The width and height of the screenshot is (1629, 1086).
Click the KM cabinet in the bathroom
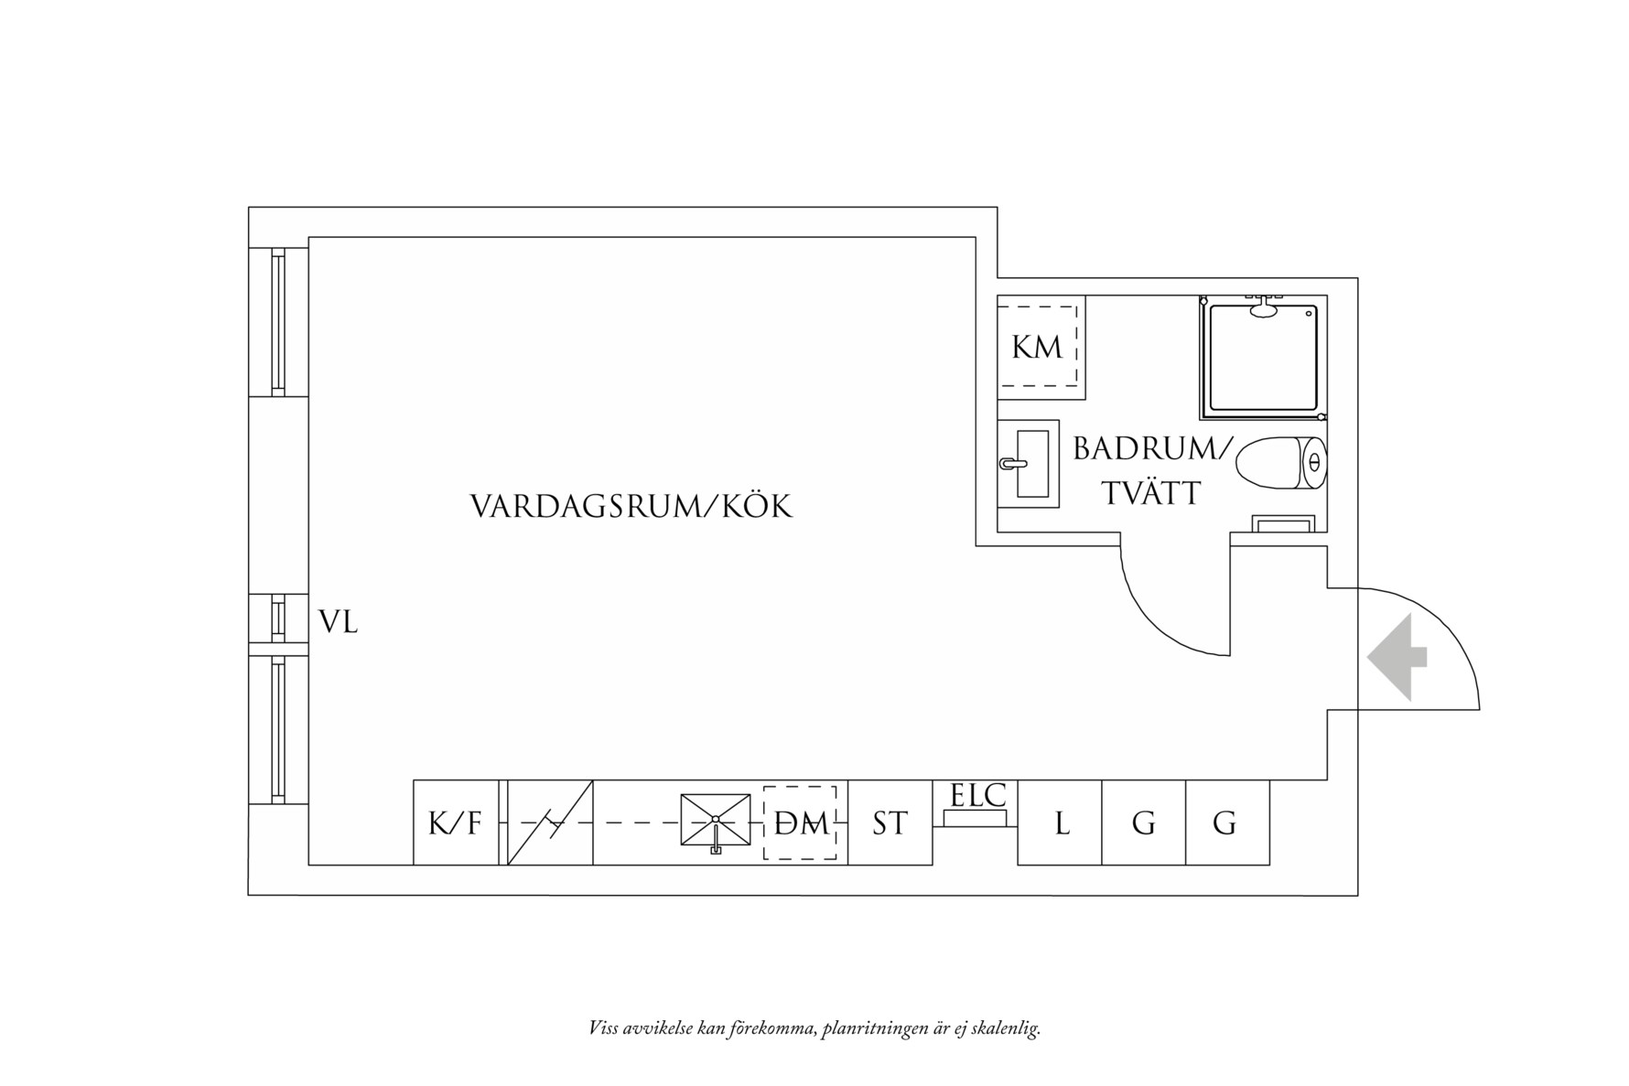[x=1039, y=347]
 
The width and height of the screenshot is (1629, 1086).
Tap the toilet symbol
[x=1280, y=463]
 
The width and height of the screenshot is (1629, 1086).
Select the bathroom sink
[x=1029, y=464]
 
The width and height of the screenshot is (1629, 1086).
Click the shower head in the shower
[x=1264, y=308]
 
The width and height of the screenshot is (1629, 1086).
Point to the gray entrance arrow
[x=1397, y=657]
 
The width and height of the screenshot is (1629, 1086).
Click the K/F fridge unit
[x=455, y=823]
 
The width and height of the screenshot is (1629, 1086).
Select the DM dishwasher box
[x=800, y=823]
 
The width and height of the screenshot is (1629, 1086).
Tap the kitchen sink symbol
[x=715, y=820]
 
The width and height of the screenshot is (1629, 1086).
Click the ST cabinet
[x=890, y=823]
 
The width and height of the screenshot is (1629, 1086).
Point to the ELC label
[x=977, y=795]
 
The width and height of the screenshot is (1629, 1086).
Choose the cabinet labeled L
[x=1060, y=823]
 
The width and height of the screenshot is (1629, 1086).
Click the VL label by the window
[x=338, y=623]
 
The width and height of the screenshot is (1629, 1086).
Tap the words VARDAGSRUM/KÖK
[x=631, y=506]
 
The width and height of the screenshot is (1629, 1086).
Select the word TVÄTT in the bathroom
[x=1150, y=494]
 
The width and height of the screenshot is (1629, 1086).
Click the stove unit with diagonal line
[x=550, y=823]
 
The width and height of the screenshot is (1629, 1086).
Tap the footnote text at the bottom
[x=814, y=1028]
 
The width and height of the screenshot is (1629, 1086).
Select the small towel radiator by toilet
[x=1283, y=523]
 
